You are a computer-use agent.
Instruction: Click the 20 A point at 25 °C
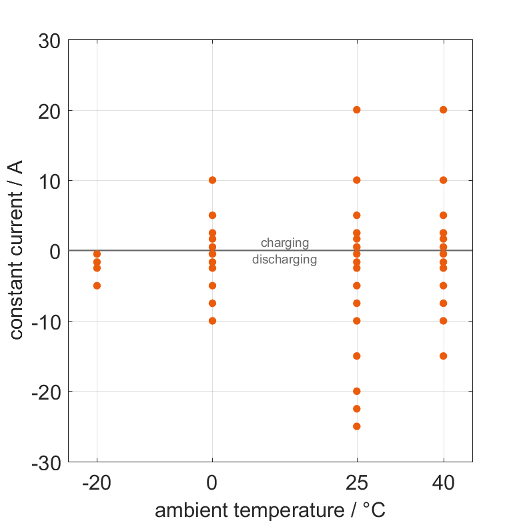[x=357, y=109]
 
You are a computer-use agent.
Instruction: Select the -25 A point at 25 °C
[x=357, y=426]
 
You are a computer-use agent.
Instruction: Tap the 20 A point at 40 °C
[x=443, y=109]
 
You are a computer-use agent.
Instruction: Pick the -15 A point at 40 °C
[x=443, y=356]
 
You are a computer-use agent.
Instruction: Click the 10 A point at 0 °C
[x=212, y=180]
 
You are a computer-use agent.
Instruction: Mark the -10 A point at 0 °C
[x=212, y=321]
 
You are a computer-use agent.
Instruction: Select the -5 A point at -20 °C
[x=97, y=286]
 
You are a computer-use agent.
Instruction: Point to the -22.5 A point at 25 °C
[x=357, y=408]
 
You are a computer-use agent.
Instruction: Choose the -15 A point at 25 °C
[x=357, y=356]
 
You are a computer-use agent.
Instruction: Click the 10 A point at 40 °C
[x=443, y=180]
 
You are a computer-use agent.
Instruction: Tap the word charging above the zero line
[x=285, y=243]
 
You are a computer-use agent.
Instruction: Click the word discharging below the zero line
[x=285, y=259]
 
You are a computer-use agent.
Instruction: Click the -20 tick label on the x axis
[x=97, y=483]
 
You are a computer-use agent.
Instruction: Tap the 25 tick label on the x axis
[x=357, y=483]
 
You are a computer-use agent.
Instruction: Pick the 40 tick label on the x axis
[x=443, y=483]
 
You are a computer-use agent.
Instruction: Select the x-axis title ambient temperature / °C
[x=270, y=510]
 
